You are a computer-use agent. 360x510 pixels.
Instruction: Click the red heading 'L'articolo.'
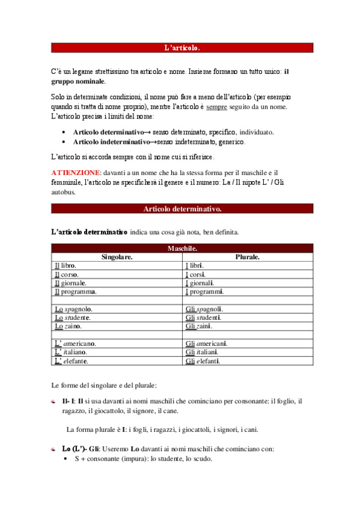(x=182, y=48)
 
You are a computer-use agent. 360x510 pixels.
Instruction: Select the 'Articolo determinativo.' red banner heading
(x=182, y=209)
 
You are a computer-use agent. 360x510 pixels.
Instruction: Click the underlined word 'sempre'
(x=216, y=107)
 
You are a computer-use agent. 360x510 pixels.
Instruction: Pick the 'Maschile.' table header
(x=182, y=248)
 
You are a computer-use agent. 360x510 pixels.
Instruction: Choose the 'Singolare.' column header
(x=117, y=257)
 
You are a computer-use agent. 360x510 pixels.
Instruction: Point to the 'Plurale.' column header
(x=247, y=257)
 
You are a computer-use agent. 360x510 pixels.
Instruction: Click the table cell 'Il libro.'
(x=66, y=265)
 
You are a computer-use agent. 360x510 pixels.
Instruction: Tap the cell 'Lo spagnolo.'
(x=73, y=309)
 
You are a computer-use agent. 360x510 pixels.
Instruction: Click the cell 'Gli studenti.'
(x=204, y=318)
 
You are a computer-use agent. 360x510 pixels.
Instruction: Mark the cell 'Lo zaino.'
(x=68, y=326)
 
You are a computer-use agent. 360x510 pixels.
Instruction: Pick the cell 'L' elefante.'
(x=72, y=361)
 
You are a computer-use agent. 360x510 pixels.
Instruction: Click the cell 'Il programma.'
(x=76, y=292)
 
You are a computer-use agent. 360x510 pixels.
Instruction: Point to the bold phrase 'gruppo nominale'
(x=78, y=81)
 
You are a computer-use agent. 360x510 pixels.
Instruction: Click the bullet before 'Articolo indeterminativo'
(x=64, y=142)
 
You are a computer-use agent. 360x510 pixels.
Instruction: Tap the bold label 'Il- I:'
(x=69, y=401)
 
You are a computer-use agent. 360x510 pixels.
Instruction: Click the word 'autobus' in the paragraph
(x=63, y=192)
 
